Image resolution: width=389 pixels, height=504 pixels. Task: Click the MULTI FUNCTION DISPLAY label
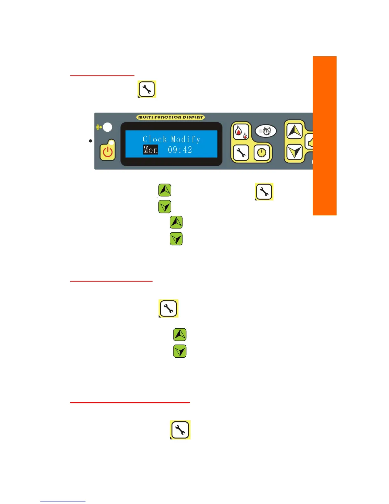tap(171, 117)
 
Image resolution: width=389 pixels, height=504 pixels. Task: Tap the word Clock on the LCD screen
tap(154, 139)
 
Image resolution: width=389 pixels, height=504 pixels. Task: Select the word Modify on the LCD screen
tap(186, 139)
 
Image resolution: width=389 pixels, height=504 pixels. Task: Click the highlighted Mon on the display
tap(150, 150)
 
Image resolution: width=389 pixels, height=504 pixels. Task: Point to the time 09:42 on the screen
tap(180, 150)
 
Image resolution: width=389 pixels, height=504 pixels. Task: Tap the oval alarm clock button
tap(266, 131)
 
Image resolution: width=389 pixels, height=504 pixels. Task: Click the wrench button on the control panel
tap(241, 153)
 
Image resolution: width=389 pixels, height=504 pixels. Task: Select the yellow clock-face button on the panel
tap(262, 153)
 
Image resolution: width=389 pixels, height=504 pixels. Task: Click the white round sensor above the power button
tap(107, 127)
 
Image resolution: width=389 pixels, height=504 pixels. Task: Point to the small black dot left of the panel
tap(91, 141)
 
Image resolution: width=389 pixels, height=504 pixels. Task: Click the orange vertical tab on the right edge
tap(324, 136)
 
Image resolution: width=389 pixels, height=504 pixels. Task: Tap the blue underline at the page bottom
tap(63, 501)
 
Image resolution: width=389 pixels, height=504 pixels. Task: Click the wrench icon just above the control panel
tap(147, 89)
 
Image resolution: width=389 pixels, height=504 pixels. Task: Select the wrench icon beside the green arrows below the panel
tap(264, 192)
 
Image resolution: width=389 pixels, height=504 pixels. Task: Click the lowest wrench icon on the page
tap(180, 430)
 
